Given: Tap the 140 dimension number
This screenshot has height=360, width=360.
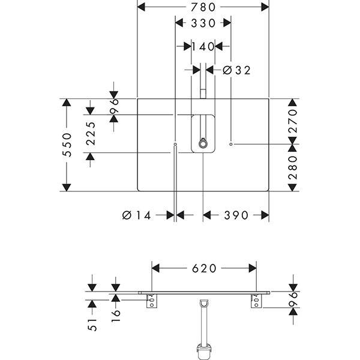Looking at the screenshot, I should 203,46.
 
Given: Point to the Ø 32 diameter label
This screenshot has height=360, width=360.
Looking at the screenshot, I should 236,70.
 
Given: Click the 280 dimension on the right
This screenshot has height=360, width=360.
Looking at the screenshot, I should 293,169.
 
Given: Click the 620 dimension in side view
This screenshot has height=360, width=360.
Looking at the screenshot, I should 204,269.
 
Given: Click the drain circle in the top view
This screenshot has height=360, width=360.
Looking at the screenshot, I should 203,143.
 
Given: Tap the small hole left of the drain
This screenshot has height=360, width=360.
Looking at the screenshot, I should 175,145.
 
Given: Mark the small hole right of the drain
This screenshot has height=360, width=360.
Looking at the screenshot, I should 232,145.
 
